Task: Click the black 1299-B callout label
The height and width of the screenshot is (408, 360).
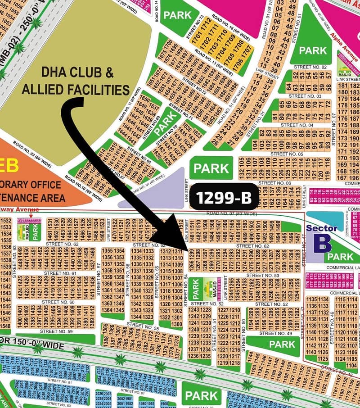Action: [224, 197]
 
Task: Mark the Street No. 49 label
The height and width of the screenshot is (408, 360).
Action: [276, 333]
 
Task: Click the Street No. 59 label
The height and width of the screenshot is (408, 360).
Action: [56, 331]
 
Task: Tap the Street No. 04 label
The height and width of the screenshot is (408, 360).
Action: [296, 125]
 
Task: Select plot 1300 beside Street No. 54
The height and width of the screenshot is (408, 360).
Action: [177, 324]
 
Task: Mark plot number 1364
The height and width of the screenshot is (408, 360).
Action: [107, 310]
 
